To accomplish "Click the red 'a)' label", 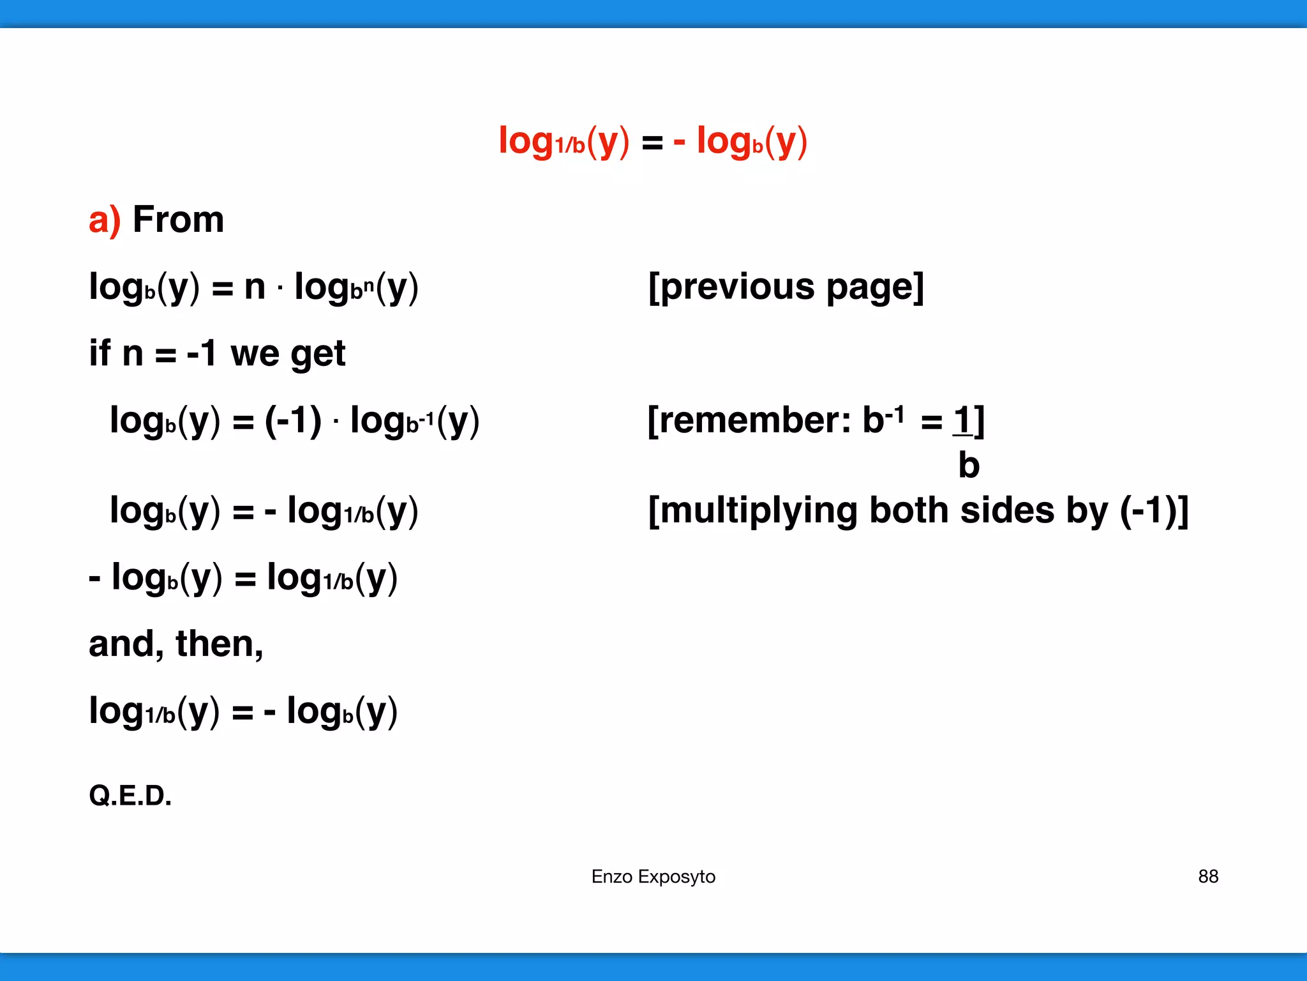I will [104, 220].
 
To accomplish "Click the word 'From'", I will [178, 220].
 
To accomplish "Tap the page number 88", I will [1208, 876].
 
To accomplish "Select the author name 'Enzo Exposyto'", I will [653, 876].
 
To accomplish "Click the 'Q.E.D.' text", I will [130, 796].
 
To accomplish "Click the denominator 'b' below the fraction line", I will [968, 465].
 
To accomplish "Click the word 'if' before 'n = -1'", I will [100, 353].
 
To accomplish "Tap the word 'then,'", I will [219, 644].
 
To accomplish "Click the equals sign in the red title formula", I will [652, 142].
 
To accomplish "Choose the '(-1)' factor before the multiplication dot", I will [293, 420].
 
